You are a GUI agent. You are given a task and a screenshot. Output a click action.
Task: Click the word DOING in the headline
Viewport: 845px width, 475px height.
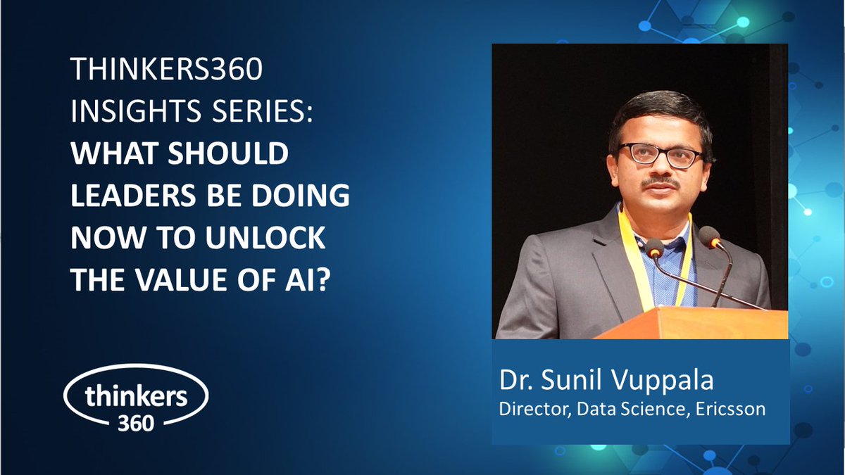(306, 197)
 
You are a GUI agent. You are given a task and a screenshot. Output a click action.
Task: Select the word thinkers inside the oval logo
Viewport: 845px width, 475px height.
(136, 395)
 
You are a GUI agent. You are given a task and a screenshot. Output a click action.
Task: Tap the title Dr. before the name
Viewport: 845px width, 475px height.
(515, 381)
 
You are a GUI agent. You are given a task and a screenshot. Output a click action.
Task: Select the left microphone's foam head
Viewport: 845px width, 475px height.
(655, 248)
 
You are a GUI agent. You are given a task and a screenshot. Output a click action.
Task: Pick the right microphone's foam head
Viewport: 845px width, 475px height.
(709, 237)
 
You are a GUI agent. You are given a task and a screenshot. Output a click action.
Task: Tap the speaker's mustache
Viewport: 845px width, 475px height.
(660, 183)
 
